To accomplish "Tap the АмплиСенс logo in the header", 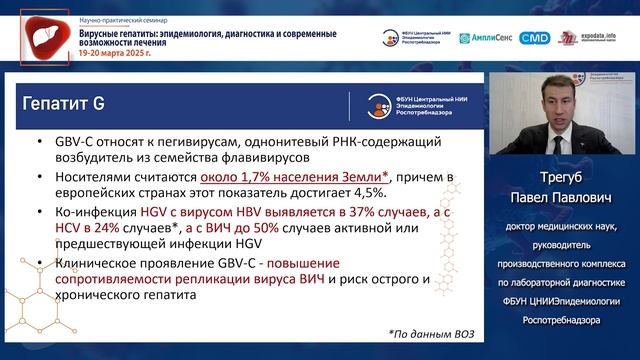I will (487, 38).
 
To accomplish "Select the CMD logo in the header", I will (536, 38).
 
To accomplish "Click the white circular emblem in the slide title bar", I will (375, 104).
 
